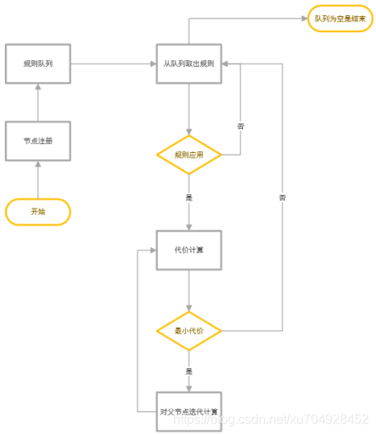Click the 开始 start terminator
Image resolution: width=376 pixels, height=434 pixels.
(38, 212)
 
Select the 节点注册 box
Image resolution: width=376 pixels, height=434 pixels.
(38, 141)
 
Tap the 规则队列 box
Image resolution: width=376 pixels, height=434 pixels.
(38, 63)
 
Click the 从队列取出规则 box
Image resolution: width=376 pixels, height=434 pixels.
(188, 63)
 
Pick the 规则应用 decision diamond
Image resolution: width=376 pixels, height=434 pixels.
(188, 155)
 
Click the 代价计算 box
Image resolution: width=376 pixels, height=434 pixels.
(188, 250)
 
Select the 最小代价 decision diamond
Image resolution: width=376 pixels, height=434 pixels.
(188, 330)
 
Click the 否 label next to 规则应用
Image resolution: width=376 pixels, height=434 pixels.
(241, 126)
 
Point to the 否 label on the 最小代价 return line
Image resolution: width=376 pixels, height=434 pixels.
(282, 197)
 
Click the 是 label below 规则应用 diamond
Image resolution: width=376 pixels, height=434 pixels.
(188, 196)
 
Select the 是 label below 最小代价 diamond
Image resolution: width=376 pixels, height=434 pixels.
(188, 371)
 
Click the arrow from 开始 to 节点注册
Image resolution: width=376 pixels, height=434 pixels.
(38, 179)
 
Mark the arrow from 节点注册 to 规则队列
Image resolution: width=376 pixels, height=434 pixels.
(38, 102)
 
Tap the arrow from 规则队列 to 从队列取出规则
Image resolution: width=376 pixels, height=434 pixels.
(113, 63)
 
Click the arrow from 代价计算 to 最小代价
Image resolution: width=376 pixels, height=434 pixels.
(188, 290)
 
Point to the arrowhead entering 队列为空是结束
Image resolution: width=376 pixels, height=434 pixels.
(304, 18)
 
